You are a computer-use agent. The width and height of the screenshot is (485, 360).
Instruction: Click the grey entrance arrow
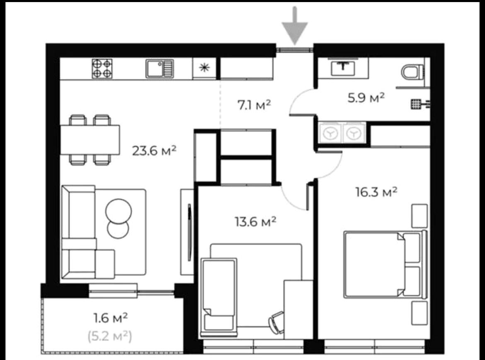click(294, 26)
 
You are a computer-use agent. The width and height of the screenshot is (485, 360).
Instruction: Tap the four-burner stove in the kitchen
click(102, 69)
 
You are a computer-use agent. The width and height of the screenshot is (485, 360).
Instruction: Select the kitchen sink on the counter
click(160, 69)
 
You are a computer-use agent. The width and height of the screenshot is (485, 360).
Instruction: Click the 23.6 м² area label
click(154, 151)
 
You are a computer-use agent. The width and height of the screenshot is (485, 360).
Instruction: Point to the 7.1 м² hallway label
click(254, 105)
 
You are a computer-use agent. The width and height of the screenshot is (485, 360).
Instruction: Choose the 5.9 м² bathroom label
click(366, 98)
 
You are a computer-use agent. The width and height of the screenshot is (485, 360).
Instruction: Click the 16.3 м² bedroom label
click(376, 192)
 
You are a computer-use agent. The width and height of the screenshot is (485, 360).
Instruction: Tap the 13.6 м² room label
click(255, 222)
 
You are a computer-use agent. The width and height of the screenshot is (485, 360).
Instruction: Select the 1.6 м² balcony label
click(110, 318)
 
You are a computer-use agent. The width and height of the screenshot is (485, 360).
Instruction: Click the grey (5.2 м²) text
click(110, 336)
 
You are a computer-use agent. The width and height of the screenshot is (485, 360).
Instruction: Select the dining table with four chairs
click(90, 140)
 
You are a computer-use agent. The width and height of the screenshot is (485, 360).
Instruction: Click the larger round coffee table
click(119, 211)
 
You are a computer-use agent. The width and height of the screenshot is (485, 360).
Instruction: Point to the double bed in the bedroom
click(386, 265)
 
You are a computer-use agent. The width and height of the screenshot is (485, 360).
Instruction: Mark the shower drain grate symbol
click(416, 104)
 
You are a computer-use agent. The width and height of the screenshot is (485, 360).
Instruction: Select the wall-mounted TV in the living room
click(189, 232)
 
